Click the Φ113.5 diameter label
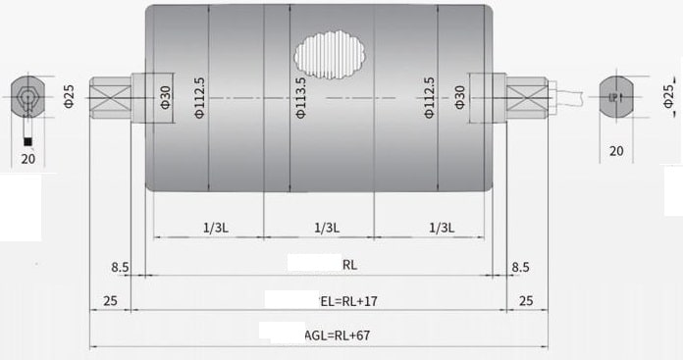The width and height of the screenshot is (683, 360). [300, 98]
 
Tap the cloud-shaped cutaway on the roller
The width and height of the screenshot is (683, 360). [330, 55]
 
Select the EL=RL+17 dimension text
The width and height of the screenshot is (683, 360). [349, 301]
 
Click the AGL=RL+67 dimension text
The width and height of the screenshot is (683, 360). [338, 335]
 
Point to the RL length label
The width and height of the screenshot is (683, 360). [349, 265]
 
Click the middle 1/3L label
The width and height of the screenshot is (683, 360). [327, 228]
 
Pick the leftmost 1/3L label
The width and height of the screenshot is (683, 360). [216, 228]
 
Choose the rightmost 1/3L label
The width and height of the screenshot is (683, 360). [442, 228]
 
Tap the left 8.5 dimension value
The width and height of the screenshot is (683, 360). [120, 267]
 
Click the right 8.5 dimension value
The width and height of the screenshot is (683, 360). [520, 267]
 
